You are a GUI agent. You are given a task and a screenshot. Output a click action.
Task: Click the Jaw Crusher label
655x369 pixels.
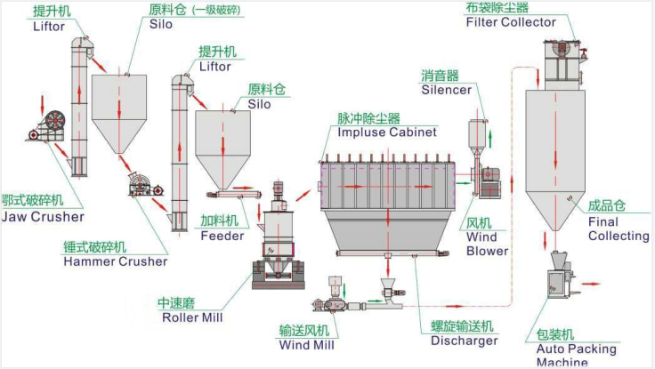tap(43, 217)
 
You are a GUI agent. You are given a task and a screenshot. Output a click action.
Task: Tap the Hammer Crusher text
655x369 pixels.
tap(116, 261)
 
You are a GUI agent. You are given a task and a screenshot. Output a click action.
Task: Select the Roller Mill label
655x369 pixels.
tap(192, 317)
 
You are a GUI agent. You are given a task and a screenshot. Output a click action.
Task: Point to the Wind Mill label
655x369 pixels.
tap(307, 345)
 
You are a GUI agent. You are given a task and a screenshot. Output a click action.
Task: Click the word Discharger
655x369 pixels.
tap(464, 341)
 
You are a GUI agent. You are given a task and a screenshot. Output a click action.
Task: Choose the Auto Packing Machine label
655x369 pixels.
tap(576, 355)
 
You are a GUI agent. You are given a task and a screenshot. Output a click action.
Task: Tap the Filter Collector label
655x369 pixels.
tap(511, 22)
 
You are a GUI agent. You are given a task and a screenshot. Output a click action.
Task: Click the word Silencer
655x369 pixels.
tap(446, 90)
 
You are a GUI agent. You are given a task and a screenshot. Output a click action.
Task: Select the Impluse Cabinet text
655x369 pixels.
tap(387, 132)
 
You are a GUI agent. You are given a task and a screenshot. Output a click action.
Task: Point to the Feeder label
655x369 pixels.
tap(222, 236)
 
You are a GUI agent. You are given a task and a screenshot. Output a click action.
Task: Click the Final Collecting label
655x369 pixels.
tap(619, 229)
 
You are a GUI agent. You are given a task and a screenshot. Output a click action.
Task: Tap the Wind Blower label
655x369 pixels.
tap(487, 244)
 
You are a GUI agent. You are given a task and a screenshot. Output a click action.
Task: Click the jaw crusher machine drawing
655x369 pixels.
tap(47, 125)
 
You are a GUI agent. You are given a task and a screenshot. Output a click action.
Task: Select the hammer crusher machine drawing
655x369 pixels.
tap(145, 185)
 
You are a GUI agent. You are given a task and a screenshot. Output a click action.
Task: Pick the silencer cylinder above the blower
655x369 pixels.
tap(477, 133)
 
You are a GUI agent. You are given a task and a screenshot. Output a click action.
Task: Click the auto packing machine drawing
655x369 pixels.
tap(561, 275)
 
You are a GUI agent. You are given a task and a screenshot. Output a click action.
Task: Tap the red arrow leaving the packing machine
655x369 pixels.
tap(591, 284)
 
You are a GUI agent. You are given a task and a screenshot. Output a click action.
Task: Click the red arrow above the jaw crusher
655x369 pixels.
tap(42, 105)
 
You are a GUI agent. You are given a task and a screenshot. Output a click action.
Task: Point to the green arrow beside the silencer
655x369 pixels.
tap(490, 139)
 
